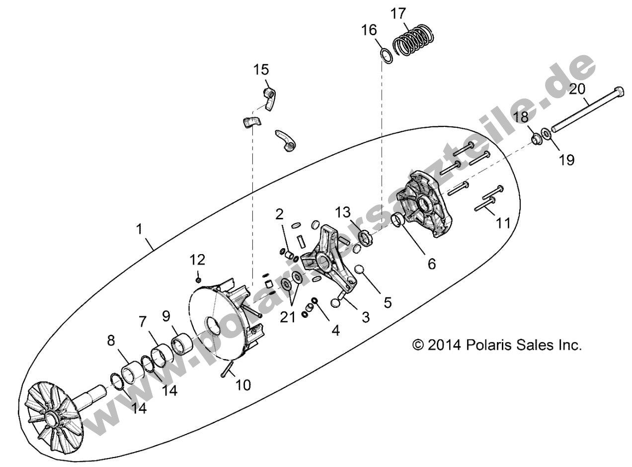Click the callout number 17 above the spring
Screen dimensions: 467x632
(x=398, y=13)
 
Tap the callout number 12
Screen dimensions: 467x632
(x=197, y=260)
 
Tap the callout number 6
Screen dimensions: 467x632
(x=431, y=264)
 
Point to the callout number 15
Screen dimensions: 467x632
(x=261, y=69)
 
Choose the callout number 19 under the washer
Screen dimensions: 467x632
(x=566, y=160)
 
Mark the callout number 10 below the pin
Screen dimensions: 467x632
(x=243, y=384)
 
